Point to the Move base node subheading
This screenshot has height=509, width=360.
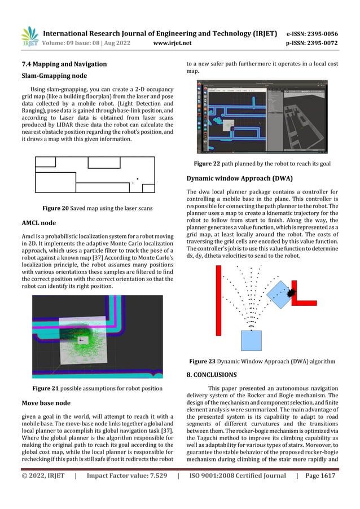point(46,403)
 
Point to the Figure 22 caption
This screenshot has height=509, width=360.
point(261,164)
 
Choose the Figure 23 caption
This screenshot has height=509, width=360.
point(262,361)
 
